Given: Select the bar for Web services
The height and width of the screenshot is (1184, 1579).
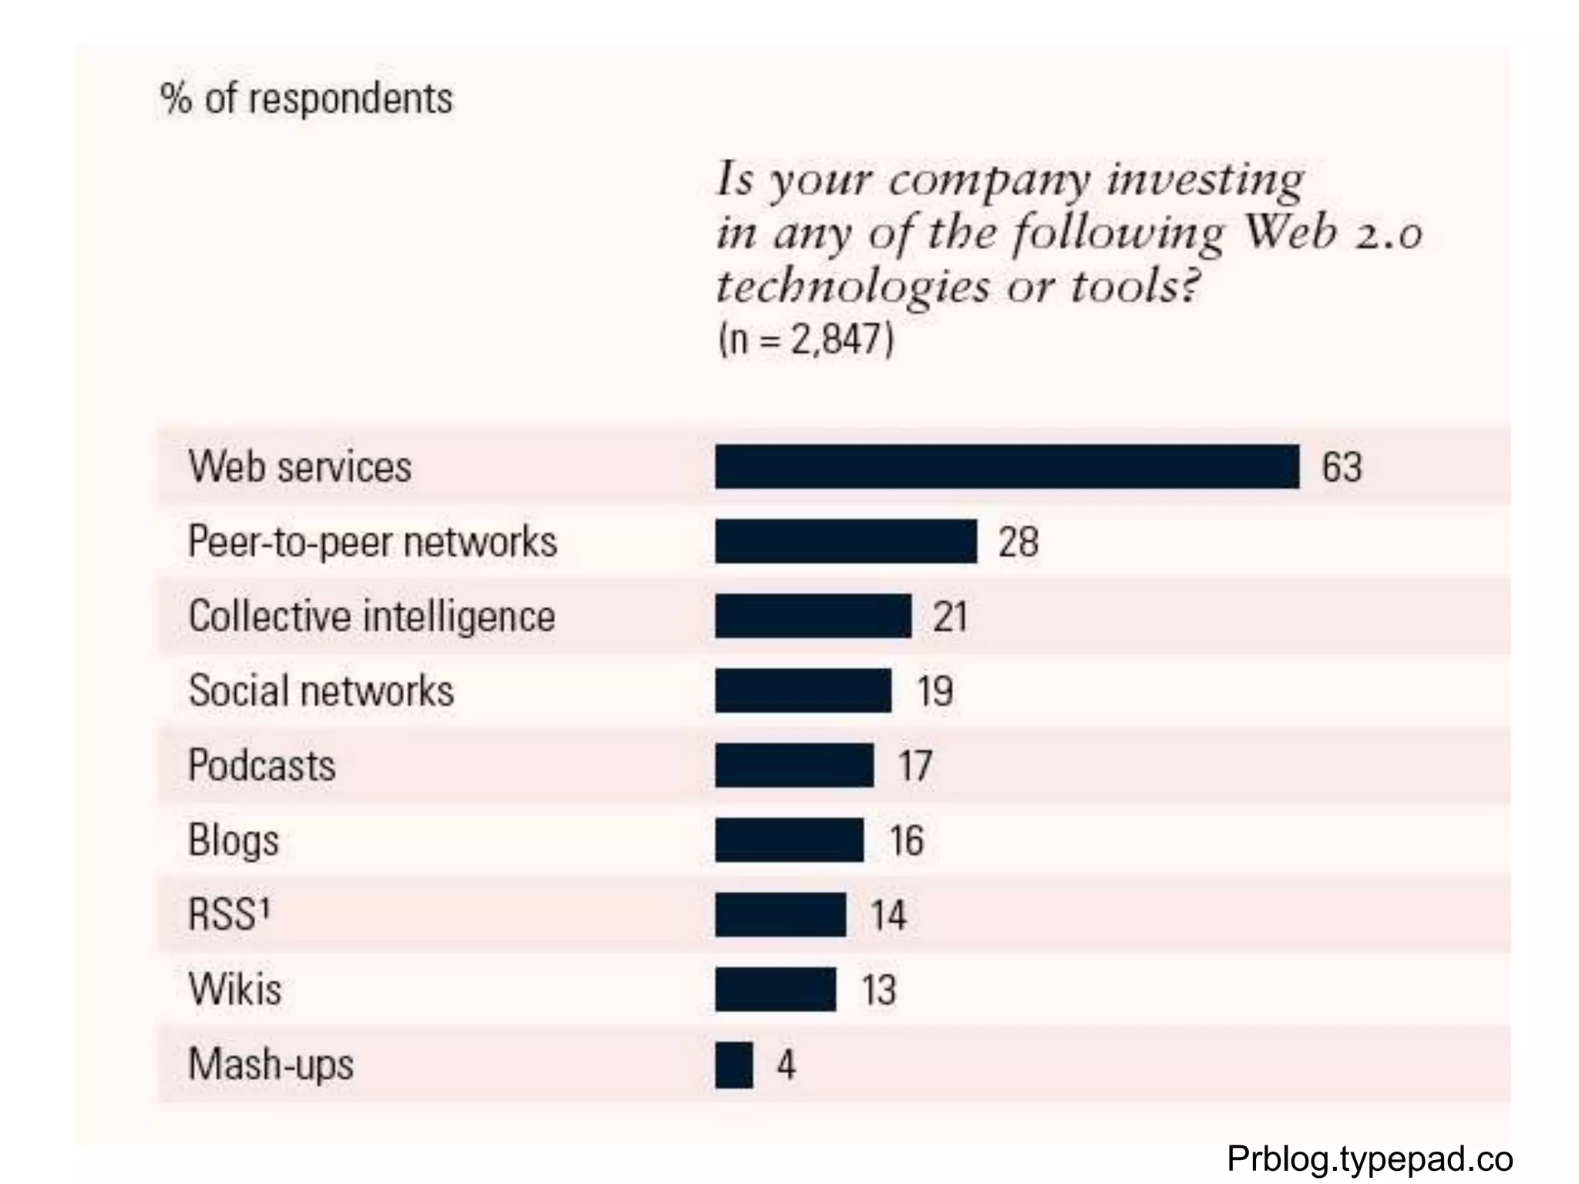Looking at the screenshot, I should point(1006,466).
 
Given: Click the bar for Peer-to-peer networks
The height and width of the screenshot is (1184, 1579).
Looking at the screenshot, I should point(846,541).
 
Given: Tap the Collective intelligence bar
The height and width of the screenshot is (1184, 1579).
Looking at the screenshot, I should point(813,616).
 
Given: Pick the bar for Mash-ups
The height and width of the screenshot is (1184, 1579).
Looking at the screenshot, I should point(734,1065).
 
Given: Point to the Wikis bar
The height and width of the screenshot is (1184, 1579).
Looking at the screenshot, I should point(775,989).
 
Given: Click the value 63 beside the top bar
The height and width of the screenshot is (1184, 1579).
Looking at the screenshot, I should point(1342,467).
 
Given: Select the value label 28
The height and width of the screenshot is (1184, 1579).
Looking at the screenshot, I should point(1018,542).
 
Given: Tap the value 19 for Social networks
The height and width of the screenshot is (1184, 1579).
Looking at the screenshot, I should point(935,691).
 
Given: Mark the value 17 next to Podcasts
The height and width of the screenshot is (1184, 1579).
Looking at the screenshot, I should point(916,765).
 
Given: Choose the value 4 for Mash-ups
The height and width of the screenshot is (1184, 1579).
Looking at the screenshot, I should point(786,1065).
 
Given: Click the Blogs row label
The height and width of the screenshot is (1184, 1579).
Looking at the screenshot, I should point(234,839).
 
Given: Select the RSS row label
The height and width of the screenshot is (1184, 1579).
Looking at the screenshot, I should point(229,914).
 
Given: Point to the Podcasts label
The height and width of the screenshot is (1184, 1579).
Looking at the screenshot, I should point(262,765).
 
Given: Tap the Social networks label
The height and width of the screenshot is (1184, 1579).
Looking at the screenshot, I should point(322,691).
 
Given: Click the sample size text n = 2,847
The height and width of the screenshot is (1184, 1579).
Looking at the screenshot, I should point(806,339).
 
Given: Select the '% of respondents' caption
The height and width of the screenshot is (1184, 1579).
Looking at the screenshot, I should point(307,99).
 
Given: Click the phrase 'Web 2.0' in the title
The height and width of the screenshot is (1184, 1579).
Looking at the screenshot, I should point(1334,232).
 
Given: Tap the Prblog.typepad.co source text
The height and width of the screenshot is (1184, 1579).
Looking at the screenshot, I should point(1369,1159).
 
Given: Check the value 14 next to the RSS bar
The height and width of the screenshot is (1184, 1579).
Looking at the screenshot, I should point(889,915).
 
